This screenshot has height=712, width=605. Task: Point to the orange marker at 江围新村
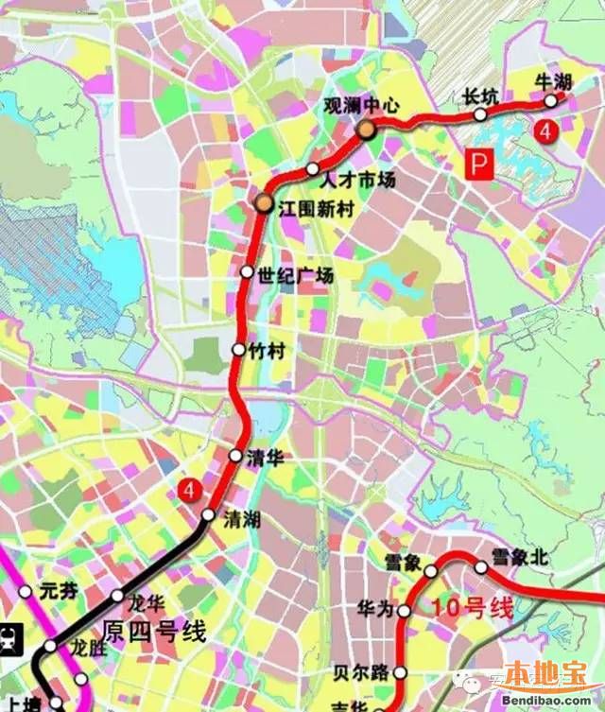263,202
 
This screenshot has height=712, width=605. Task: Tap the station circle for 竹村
239,350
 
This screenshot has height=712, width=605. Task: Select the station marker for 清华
235,456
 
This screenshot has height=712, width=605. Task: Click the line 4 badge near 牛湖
544,132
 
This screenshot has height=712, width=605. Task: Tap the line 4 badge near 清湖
190,491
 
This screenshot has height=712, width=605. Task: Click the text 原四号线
154,633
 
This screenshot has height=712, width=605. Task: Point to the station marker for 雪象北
481,568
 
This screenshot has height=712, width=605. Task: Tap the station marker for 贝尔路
400,673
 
